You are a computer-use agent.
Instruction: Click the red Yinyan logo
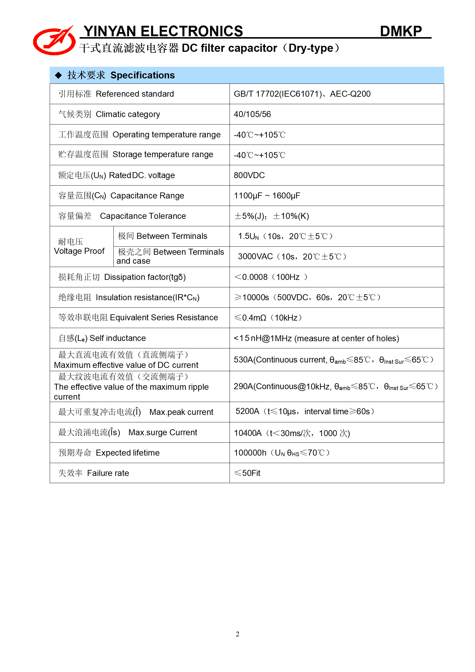[x=54, y=41]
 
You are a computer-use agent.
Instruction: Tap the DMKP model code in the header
[x=400, y=31]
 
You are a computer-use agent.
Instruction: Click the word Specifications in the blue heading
[x=142, y=75]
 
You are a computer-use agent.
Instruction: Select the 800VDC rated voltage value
[x=249, y=175]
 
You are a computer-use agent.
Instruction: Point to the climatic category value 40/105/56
[x=252, y=114]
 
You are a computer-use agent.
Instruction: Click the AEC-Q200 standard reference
[x=350, y=94]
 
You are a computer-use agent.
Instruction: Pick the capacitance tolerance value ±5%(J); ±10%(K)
[x=271, y=216]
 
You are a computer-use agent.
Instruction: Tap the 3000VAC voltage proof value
[x=255, y=257]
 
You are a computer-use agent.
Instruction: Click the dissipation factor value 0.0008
[x=254, y=277]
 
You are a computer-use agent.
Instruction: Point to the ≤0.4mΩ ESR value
[x=250, y=318]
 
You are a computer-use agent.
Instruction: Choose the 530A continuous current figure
[x=243, y=360]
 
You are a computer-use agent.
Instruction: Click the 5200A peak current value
[x=247, y=412]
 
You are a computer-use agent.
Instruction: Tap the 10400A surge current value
[x=248, y=433]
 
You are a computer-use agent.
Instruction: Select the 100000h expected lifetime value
[x=250, y=453]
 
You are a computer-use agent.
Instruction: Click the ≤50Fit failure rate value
[x=247, y=473]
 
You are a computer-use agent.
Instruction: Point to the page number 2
[x=237, y=634]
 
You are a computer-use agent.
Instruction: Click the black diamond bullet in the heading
[x=58, y=75]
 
